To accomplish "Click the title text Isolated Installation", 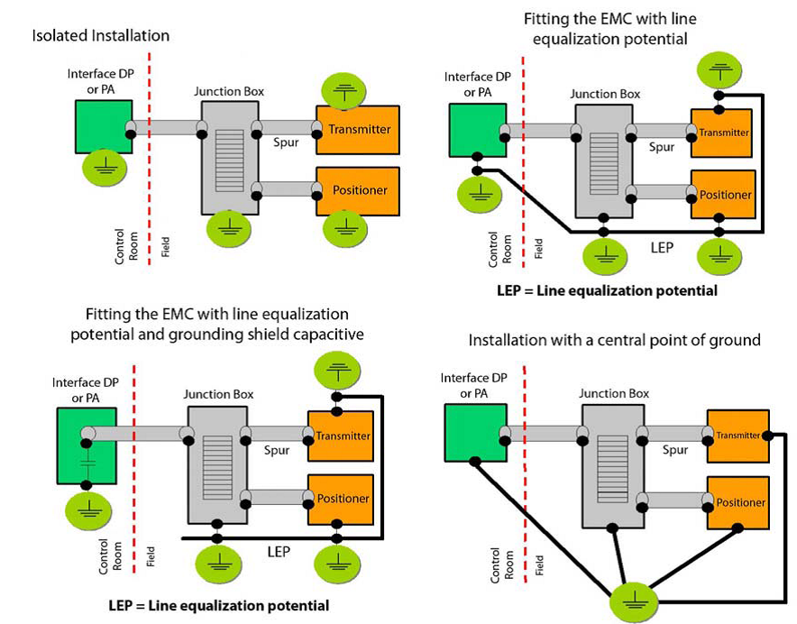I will [101, 36].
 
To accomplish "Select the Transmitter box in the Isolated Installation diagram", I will [359, 129].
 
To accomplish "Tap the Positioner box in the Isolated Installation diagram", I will [359, 190].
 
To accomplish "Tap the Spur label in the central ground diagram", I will [675, 449].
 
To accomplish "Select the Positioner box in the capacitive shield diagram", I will [340, 498].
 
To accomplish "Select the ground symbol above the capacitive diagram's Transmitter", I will [336, 367].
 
